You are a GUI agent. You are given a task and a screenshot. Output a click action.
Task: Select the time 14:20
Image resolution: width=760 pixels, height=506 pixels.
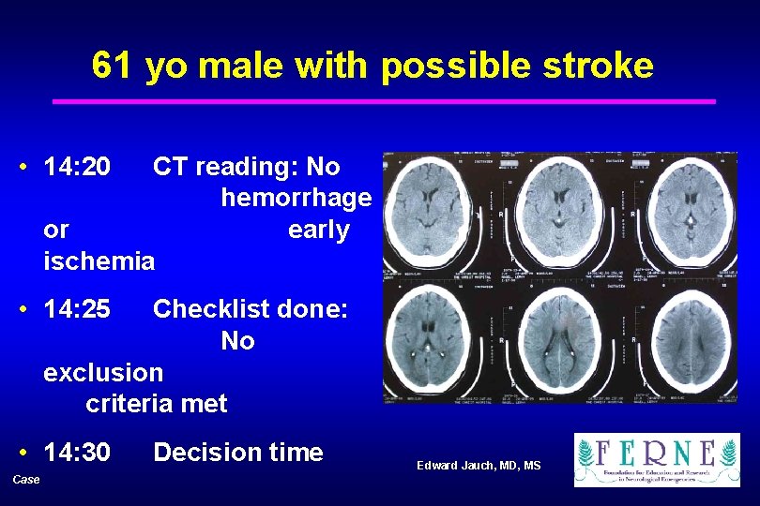[x=77, y=167]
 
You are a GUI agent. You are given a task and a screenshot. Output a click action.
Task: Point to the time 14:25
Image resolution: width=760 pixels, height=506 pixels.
[x=77, y=308]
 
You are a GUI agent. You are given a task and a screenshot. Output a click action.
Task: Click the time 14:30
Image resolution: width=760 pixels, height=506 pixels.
[x=77, y=453]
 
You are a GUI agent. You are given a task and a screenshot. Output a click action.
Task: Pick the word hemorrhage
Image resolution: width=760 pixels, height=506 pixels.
[x=296, y=199]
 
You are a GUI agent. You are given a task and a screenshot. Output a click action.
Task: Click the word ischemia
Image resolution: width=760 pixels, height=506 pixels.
[x=99, y=261]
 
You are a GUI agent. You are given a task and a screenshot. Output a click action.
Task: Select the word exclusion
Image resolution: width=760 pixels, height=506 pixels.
[x=103, y=372]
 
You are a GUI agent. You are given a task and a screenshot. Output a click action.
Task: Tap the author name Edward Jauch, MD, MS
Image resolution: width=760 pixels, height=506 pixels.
[x=479, y=466]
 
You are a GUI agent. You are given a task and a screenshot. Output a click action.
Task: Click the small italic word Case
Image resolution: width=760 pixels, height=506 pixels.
[x=26, y=480]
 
